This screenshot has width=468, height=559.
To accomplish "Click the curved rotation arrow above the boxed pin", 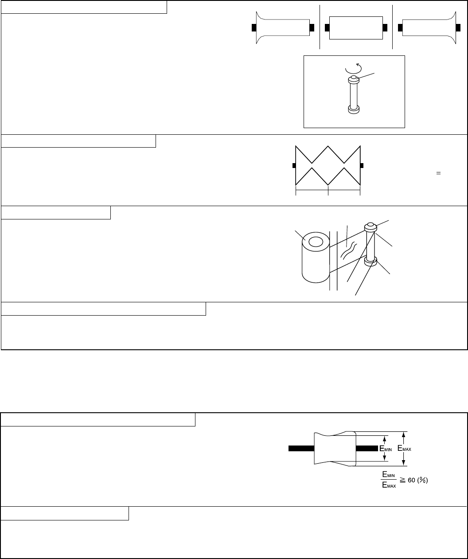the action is pos(353,73).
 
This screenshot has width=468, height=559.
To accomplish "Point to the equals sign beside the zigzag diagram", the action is pos(438,173).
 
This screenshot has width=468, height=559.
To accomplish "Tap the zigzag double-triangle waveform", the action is pos(328,165).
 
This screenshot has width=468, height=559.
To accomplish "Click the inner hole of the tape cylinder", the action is pos(316,242).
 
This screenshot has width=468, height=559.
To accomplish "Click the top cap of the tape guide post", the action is pos(370,227).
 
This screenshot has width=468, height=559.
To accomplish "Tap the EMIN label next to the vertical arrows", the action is pos(386,449).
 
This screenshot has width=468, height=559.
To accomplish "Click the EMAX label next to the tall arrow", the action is pos(404,448).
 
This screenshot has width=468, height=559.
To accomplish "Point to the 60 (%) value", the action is pos(417,480).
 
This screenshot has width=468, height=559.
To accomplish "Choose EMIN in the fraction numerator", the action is pos(389,475).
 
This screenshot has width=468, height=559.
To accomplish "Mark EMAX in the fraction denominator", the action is pos(389,485).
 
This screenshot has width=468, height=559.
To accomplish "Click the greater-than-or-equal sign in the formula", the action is pos(402,480).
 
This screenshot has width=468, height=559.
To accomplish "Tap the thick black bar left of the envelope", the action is pos(301,449).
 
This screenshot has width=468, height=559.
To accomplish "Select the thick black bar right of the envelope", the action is pos(367,449).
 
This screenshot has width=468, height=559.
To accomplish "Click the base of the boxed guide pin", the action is pos(353,110).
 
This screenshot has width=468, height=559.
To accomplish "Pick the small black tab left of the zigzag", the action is pos(294,165).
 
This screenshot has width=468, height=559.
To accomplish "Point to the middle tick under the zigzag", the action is pos(328,191).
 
